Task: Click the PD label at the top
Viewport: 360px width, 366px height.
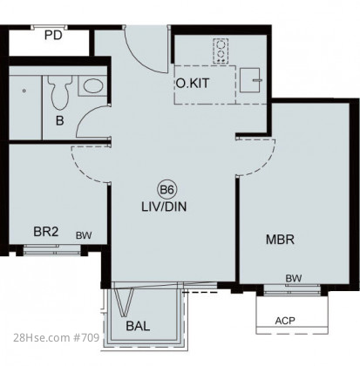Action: click(53, 36)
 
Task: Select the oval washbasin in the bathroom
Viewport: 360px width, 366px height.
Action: click(92, 85)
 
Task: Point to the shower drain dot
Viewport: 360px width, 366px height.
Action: click(24, 91)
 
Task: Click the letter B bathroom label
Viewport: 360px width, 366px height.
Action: click(59, 121)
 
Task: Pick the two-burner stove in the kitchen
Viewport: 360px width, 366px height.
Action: click(221, 51)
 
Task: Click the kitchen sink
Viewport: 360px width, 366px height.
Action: click(250, 80)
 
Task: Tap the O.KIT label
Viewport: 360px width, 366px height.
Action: click(193, 84)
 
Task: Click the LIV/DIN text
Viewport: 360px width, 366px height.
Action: click(164, 207)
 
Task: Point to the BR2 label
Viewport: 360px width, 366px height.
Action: click(46, 232)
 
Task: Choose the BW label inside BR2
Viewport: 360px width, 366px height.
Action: click(84, 235)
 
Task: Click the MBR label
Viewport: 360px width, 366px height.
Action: click(280, 240)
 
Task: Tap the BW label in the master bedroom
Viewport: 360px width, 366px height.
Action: click(294, 279)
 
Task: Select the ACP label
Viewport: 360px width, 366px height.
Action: click(285, 321)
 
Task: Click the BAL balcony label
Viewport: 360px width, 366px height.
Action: click(138, 326)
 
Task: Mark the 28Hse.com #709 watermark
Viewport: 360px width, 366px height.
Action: click(57, 338)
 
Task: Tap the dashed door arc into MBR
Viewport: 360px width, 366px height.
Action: click(268, 163)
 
